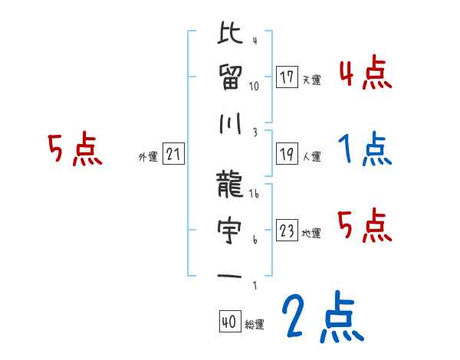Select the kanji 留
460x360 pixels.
click(231, 77)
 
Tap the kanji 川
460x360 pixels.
click(231, 121)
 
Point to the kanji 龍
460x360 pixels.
click(231, 184)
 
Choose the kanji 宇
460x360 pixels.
click(231, 228)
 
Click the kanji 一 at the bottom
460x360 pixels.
click(231, 274)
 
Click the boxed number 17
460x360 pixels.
click(287, 77)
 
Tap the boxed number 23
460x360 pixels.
click(287, 231)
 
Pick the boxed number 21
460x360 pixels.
click(173, 155)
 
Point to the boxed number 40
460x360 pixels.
click(228, 322)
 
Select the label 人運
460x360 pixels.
click(311, 156)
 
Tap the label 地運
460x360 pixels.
click(311, 233)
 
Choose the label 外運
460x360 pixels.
click(147, 156)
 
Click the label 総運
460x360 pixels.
click(254, 325)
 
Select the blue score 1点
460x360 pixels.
click(365, 149)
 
